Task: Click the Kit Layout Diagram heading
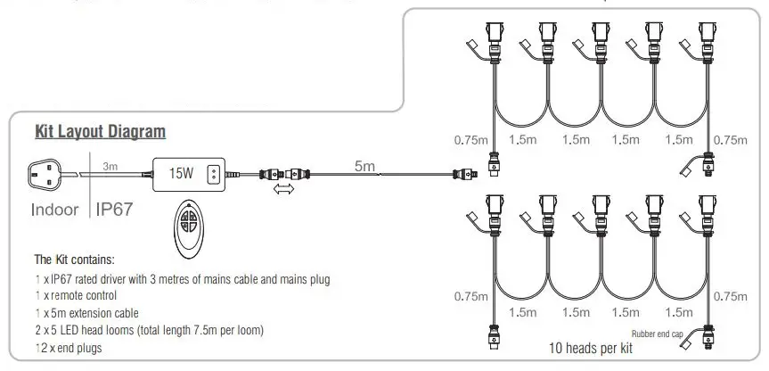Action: pos(100,133)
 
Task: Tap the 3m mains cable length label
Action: pos(110,166)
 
